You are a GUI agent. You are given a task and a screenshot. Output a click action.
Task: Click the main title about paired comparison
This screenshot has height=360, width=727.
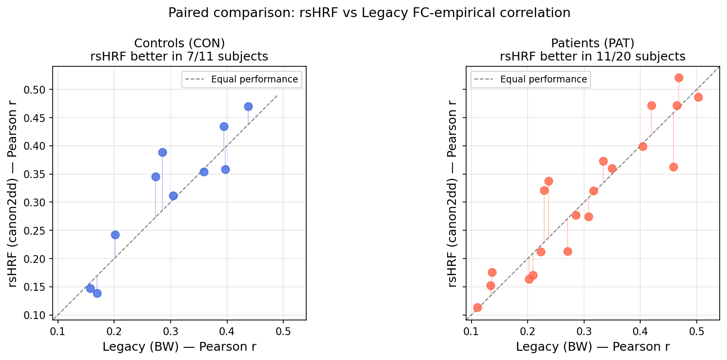pyautogui.click(x=369, y=13)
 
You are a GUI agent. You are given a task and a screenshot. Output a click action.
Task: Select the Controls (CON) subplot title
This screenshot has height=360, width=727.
pyautogui.click(x=179, y=43)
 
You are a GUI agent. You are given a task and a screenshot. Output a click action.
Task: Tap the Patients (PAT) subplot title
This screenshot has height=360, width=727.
pyautogui.click(x=592, y=43)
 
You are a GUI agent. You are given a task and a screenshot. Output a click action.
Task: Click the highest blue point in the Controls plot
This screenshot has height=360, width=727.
pyautogui.click(x=248, y=106)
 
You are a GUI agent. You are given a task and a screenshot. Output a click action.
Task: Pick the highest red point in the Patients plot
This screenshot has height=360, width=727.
pyautogui.click(x=679, y=78)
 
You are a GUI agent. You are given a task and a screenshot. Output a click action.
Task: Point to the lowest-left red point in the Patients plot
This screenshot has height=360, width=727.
pyautogui.click(x=477, y=307)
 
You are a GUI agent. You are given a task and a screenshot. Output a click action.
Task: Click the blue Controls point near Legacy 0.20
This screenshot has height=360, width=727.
pyautogui.click(x=115, y=235)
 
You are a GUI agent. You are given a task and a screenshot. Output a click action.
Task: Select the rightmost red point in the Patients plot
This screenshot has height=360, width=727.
pyautogui.click(x=698, y=97)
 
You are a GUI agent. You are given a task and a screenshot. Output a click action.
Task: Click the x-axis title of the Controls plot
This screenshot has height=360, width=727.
pyautogui.click(x=179, y=347)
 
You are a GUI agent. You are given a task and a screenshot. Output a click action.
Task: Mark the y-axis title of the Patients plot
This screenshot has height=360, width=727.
pyautogui.click(x=452, y=193)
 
